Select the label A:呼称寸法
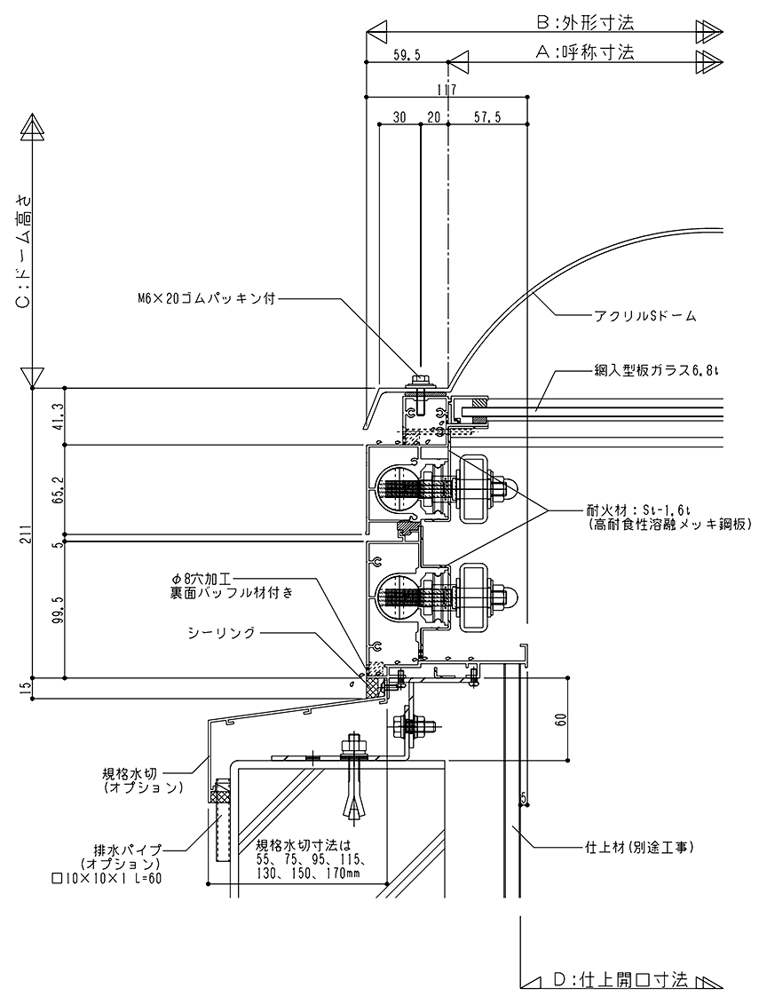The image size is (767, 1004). (x=585, y=52)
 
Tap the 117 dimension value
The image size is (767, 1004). (x=446, y=89)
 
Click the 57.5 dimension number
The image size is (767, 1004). (x=486, y=117)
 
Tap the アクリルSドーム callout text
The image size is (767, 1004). (x=632, y=315)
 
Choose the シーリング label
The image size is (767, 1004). (x=221, y=632)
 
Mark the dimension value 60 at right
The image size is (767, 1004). (x=559, y=718)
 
